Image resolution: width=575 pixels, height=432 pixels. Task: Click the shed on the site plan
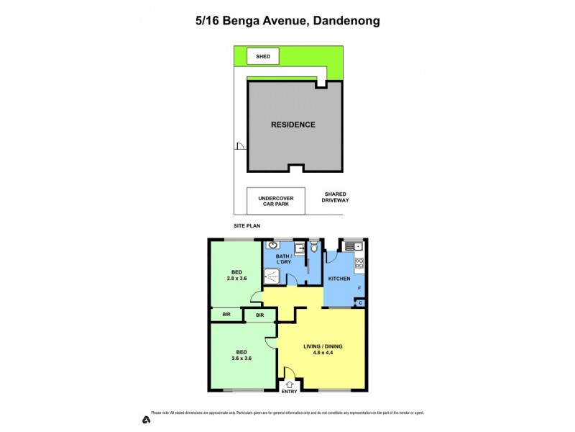coord(262,55)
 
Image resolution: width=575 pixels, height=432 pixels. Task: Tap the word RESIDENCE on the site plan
coord(293,125)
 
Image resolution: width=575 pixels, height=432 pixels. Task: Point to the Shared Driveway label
coord(336,197)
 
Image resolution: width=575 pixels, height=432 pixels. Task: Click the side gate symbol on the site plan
coord(239,147)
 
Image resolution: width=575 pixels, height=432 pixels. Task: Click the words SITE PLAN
coord(247,225)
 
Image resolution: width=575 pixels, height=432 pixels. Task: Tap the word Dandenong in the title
coord(346,21)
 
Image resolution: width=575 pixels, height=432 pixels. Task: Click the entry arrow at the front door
coord(289,385)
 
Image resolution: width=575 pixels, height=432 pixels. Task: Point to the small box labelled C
coord(360,303)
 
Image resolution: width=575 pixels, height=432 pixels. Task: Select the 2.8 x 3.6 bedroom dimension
coord(236,278)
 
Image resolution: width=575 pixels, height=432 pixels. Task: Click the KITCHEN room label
coord(339,279)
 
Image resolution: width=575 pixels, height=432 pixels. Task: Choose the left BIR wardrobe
coord(226,315)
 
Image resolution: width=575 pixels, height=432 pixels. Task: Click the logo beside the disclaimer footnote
coord(146,419)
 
